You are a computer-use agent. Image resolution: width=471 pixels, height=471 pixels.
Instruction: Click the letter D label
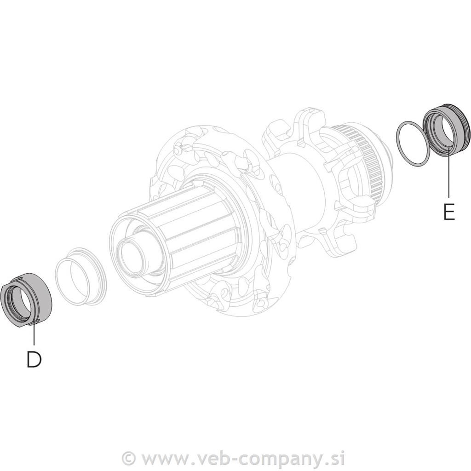tap(34, 359)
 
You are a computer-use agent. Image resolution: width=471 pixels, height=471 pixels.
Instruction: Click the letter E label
tap(449, 212)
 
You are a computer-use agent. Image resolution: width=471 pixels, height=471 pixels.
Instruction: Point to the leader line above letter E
tap(449, 173)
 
